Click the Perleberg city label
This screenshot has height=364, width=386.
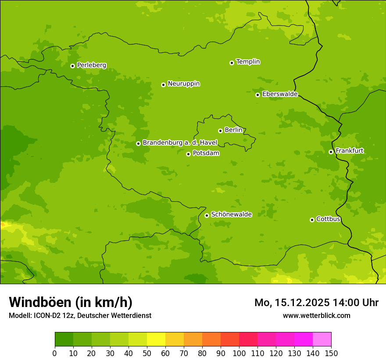pos(91,65)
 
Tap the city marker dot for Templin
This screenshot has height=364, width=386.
pos(232,63)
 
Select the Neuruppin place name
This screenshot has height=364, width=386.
pos(183,84)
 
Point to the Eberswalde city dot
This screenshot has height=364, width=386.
pos(257,95)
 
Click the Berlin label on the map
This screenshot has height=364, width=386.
pos(233,130)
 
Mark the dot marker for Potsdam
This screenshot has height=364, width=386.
pos(188,154)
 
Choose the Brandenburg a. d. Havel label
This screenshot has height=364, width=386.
pos(180,143)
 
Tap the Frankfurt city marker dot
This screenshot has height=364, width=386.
pos(331,152)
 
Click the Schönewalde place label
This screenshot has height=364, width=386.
pos(231,214)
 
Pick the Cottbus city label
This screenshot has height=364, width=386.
pos(328,219)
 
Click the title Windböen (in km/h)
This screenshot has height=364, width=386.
pos(71,302)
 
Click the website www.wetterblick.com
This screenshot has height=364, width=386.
pos(316,315)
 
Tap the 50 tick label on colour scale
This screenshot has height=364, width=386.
pos(147,353)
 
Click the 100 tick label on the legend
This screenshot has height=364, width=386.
pos(239,353)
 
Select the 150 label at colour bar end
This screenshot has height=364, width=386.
pos(331,353)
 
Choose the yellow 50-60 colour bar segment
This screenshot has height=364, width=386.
pos(156,339)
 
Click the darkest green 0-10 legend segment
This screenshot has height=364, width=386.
pos(64,339)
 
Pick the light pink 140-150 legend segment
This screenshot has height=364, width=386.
pos(322,339)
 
